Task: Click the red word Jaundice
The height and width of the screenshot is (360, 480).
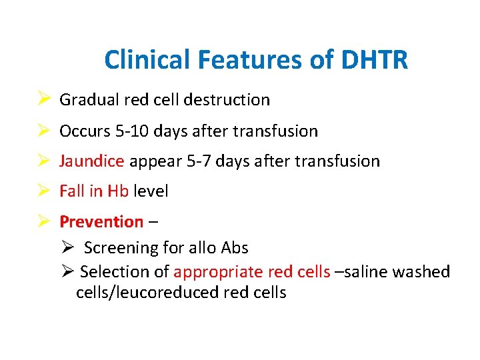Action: click(92, 161)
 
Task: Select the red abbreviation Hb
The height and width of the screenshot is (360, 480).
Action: click(119, 191)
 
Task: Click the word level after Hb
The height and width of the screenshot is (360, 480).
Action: click(151, 191)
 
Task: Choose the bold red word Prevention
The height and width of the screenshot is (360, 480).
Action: click(101, 221)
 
